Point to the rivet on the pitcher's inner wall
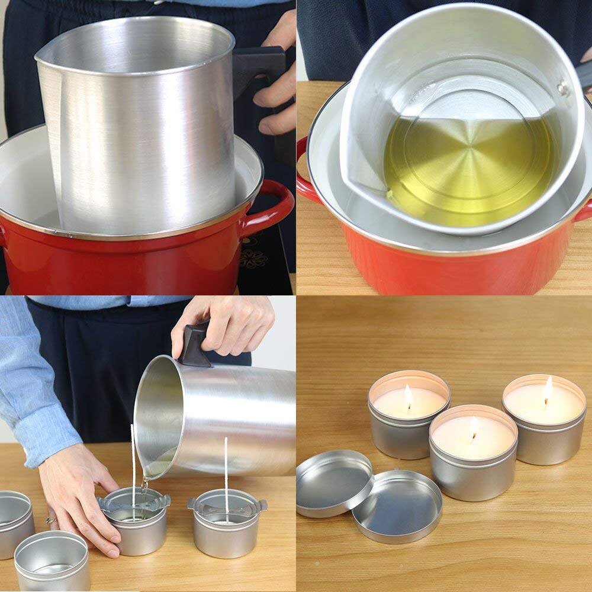562,89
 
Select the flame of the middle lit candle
474,427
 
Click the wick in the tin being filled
133,468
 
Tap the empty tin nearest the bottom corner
52,559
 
